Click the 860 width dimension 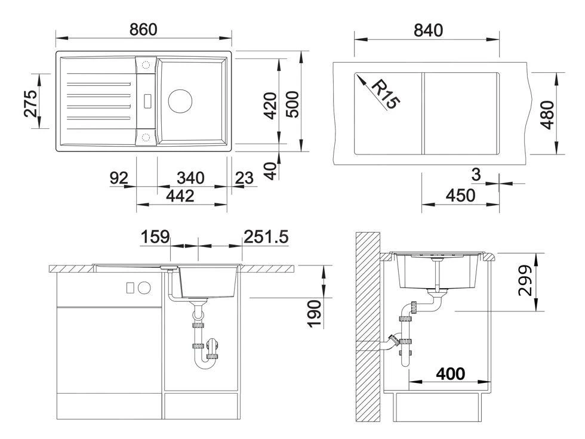point(143,30)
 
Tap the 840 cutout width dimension point(428,30)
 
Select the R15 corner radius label point(386,95)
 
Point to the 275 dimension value point(31,104)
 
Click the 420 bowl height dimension point(270,106)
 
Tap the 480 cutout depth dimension point(547,115)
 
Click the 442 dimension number point(180,196)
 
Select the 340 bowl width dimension point(190,178)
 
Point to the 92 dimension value point(119,178)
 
